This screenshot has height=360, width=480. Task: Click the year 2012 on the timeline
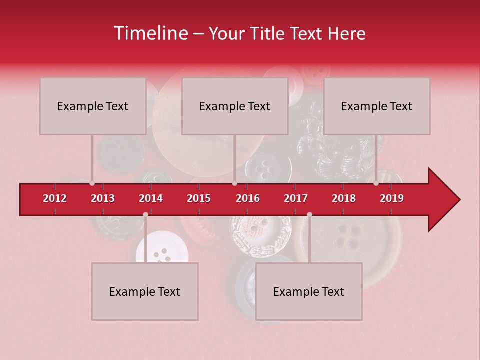(x=55, y=198)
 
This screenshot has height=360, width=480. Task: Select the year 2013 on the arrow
(x=103, y=198)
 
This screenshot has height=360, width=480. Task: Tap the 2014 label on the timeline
(x=151, y=198)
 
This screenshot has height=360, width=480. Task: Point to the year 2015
(x=199, y=198)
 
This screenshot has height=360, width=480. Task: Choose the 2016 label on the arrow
(x=248, y=198)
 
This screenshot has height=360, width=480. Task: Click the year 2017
(x=296, y=198)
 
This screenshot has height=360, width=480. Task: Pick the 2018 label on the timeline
(x=344, y=198)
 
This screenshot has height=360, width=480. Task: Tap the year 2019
(x=392, y=198)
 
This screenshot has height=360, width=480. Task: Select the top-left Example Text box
(x=93, y=106)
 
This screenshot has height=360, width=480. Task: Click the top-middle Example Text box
(x=235, y=106)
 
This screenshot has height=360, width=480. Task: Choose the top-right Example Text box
(x=377, y=106)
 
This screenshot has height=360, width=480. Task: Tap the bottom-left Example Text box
(x=145, y=291)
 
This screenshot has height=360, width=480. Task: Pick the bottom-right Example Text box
(x=309, y=291)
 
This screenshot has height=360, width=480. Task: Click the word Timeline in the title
(x=150, y=33)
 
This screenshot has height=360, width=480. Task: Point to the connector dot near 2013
(x=92, y=183)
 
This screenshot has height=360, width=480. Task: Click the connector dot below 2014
(x=145, y=214)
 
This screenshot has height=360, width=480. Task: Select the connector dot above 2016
(x=234, y=183)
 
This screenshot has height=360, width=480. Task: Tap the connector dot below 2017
(x=309, y=214)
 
